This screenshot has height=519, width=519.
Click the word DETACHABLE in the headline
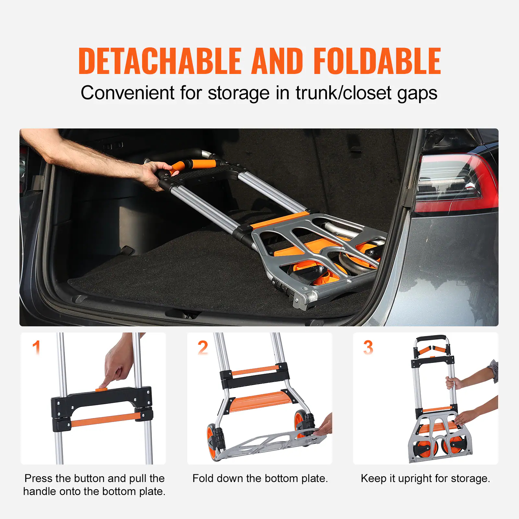tap(160, 61)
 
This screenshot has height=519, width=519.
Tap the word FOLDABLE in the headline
tap(377, 61)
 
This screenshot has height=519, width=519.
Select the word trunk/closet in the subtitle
tap(344, 93)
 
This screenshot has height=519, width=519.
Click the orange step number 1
tap(36, 347)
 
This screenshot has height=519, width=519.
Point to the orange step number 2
tap(203, 348)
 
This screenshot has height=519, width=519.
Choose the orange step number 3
tap(368, 348)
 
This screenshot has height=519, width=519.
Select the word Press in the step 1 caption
tap(38, 478)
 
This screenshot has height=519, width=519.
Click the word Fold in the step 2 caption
tap(201, 478)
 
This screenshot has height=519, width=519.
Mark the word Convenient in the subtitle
tap(127, 93)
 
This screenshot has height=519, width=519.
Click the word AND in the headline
tap(277, 61)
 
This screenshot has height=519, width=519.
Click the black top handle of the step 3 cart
tap(431, 338)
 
